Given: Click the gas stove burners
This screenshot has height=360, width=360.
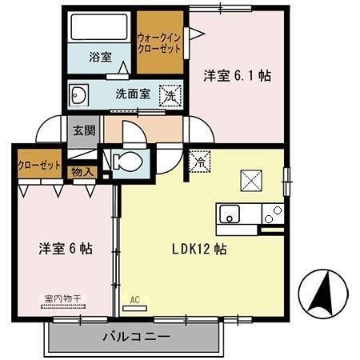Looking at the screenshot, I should [x=274, y=213].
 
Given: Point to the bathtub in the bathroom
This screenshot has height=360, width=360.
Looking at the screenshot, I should [x=99, y=29].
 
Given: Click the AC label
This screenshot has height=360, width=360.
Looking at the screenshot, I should [x=134, y=301].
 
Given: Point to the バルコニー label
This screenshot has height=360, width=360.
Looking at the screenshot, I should [x=135, y=337].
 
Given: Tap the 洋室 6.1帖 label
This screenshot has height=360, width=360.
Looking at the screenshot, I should [x=236, y=76].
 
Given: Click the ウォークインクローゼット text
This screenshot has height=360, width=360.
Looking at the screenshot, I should [x=159, y=42].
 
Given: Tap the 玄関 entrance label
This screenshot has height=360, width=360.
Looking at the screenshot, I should [x=83, y=130].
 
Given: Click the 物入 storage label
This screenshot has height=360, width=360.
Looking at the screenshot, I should [x=82, y=170].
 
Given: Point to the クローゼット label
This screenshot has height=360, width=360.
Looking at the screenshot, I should [x=40, y=165].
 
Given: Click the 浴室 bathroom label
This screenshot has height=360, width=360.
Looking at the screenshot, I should [x=99, y=58].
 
